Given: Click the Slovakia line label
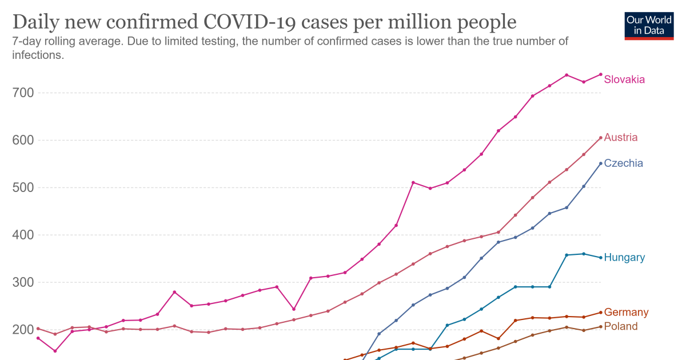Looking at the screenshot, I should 624,79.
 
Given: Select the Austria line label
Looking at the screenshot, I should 621,138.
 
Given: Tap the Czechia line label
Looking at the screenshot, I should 623,163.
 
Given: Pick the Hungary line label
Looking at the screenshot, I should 624,258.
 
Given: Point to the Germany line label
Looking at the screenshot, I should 626,313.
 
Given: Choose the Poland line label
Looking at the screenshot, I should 620,326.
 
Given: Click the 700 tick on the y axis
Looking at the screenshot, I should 23,93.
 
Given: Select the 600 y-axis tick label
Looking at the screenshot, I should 23,140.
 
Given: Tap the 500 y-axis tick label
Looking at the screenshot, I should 23,187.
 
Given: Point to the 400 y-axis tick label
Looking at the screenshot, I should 23,235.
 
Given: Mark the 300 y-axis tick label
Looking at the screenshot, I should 23,282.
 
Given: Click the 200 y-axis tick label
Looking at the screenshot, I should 23,330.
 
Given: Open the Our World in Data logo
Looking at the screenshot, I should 649,25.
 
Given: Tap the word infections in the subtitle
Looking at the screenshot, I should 37,55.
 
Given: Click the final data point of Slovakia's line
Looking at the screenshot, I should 601,74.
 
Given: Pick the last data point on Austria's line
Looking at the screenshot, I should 601,138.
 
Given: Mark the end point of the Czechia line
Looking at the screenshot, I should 601,163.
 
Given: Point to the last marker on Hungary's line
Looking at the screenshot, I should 601,258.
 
